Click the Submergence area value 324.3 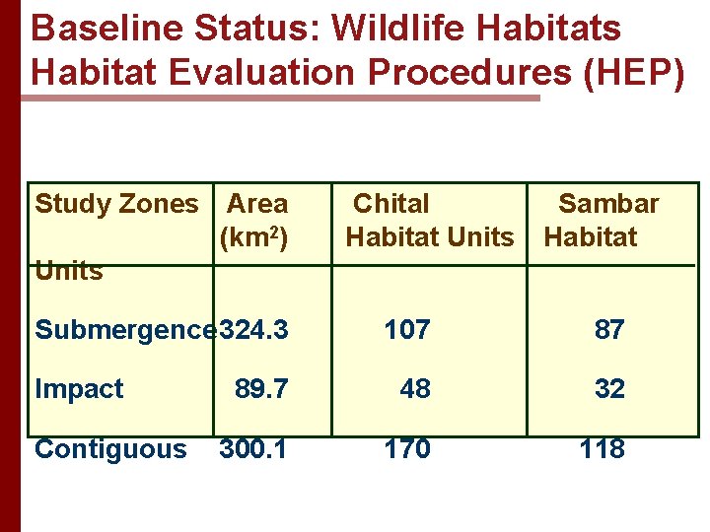click(254, 329)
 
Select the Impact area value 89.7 click(261, 389)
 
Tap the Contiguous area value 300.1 click(253, 449)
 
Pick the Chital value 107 click(407, 329)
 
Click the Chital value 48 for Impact click(415, 389)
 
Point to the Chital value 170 click(407, 449)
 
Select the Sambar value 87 click(609, 329)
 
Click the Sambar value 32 click(609, 389)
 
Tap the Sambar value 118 click(603, 449)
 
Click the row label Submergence click(126, 329)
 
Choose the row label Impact click(79, 389)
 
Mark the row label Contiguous click(110, 449)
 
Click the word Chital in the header click(390, 204)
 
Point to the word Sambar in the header click(608, 204)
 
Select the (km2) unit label click(253, 236)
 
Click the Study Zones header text click(116, 204)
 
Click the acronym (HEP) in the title click(633, 73)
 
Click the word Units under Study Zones click(69, 271)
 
